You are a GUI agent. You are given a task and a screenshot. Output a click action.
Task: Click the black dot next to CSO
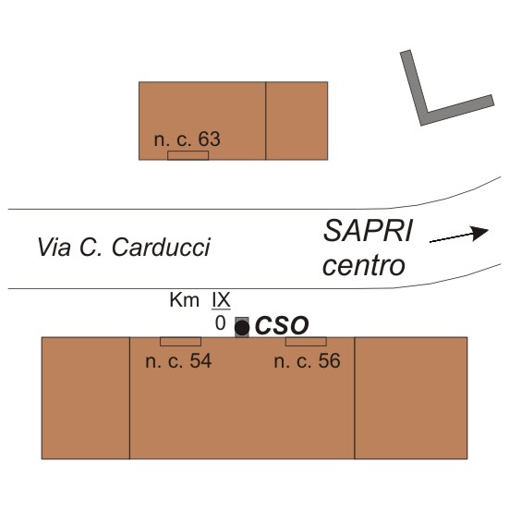pos(242,328)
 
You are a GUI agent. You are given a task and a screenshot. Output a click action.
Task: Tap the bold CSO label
pos(282,325)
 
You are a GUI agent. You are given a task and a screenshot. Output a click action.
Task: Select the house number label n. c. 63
pos(188,139)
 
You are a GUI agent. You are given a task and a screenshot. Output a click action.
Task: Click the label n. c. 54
pos(178,361)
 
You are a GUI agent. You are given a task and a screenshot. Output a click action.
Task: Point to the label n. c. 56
pos(307,361)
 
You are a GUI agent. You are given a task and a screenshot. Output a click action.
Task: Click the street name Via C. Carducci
pos(124,248)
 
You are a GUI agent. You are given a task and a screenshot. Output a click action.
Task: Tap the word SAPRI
pos(368,231)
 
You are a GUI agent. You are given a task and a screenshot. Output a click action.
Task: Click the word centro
pos(364,266)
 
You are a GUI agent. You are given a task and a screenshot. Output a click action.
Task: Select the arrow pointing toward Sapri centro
pos(459,235)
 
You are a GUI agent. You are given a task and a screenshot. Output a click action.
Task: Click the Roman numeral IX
pos(221,300)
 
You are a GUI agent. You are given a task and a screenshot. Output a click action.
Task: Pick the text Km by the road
pos(185,300)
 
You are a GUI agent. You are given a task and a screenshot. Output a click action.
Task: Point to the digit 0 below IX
pos(221,323)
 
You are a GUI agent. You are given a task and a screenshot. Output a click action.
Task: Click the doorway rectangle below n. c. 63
pos(188,155)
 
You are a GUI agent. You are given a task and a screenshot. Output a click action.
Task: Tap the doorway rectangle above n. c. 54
pos(180,342)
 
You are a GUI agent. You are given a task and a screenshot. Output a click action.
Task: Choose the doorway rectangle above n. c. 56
pos(306,342)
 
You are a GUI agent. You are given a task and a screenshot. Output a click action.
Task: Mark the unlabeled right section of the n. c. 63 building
pos(297,121)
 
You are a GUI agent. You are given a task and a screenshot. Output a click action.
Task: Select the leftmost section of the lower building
pos(86,398)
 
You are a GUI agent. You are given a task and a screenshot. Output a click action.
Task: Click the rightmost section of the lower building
pos(411,398)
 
